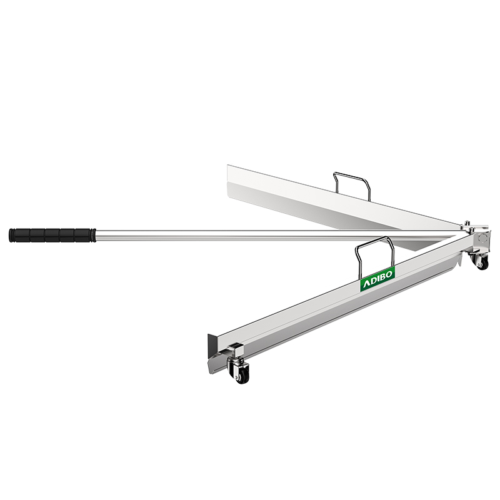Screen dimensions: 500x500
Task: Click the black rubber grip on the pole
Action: pyautogui.click(x=52, y=236)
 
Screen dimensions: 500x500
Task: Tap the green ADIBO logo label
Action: pyautogui.click(x=377, y=279)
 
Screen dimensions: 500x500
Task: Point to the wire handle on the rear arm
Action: pyautogui.click(x=352, y=186)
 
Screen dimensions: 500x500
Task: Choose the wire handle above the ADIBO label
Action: pyautogui.click(x=375, y=255)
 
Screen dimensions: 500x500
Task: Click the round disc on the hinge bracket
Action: pyautogui.click(x=482, y=238)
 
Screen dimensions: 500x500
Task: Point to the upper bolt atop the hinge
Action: pyautogui.click(x=467, y=223)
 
